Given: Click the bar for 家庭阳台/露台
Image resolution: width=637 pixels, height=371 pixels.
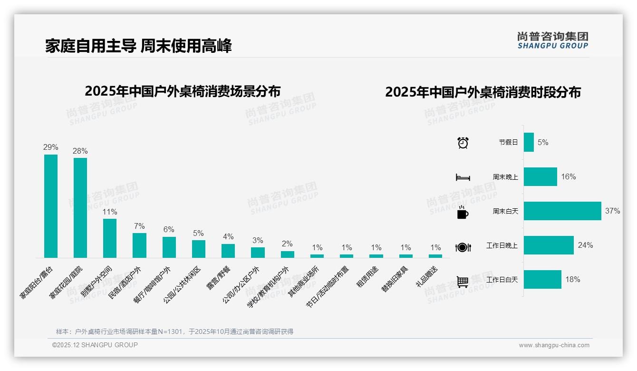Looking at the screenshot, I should click(51, 206).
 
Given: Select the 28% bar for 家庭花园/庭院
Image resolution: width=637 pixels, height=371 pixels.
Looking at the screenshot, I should click(80, 208).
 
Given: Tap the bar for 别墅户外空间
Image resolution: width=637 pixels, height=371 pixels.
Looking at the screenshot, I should click(110, 238).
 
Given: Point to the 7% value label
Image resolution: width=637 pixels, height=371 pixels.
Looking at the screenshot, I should click(139, 226).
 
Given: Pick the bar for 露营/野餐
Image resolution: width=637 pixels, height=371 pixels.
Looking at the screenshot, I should click(228, 251).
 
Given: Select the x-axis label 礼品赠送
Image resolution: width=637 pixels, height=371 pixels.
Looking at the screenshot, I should click(427, 277).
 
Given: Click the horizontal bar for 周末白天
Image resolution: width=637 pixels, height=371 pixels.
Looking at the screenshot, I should click(562, 211).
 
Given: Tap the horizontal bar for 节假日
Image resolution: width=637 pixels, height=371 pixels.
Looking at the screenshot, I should click(529, 142).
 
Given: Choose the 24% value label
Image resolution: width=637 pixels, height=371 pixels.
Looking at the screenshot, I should click(585, 245).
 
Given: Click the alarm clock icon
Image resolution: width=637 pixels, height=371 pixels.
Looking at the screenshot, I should click(463, 143).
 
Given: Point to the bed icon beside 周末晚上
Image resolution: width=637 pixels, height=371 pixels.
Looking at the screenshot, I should click(463, 177).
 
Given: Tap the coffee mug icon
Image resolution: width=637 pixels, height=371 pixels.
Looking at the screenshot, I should click(463, 212).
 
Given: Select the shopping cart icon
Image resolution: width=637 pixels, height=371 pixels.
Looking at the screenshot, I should click(463, 282).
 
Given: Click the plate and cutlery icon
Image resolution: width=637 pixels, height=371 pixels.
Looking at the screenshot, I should click(463, 247).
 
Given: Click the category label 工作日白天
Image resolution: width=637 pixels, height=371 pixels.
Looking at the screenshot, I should click(502, 280).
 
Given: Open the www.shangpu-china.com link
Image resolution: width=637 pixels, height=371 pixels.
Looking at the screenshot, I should click(554, 345).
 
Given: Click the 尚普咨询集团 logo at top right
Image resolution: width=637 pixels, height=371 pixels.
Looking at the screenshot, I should click(553, 40).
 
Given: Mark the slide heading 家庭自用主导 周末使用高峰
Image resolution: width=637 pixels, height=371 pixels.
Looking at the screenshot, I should click(138, 46).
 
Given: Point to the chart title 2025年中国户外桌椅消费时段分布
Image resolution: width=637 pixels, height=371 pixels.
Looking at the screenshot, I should click(483, 92).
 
